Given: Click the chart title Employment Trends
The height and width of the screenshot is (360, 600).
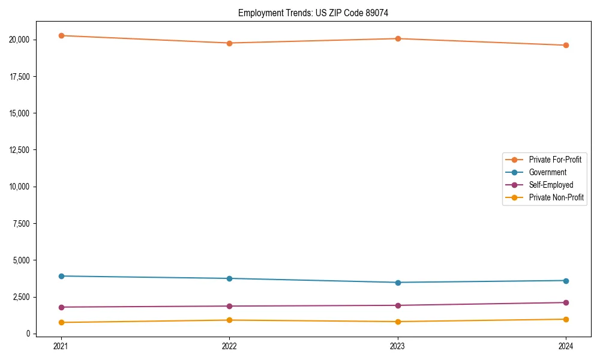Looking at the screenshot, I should pos(313,13).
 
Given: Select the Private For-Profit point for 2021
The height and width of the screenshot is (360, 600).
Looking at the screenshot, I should pos(61,35).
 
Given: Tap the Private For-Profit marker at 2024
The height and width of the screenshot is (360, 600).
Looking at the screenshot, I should pos(566,45).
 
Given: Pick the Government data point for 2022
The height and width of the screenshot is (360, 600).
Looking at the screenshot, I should pos(229,278).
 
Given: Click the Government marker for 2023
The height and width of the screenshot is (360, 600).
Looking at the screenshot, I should pos(398,283).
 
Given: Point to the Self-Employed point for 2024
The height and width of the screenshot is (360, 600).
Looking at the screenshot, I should pos(566,302).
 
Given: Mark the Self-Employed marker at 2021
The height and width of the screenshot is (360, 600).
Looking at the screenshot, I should pos(61,307).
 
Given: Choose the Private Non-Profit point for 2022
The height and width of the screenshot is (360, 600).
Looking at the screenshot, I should pos(229,320).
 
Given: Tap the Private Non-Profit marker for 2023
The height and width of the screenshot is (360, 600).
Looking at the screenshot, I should pos(398,322).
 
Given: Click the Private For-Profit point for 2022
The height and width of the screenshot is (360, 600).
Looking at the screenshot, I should pos(229,43).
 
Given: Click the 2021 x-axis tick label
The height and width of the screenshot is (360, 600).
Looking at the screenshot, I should pos(61,346).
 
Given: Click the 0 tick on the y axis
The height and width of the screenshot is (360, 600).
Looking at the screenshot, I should pos(28,334).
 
